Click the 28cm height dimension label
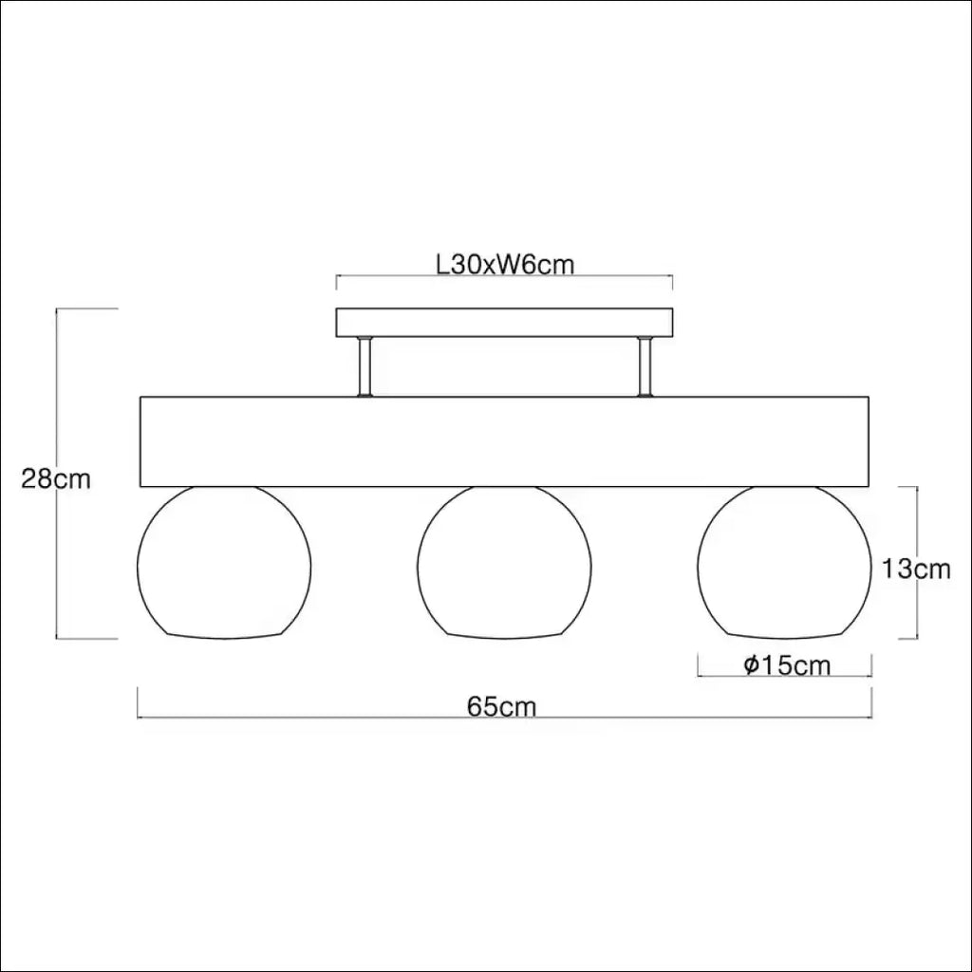pyautogui.click(x=56, y=479)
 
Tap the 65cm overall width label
pyautogui.click(x=501, y=706)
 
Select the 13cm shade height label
pyautogui.click(x=916, y=569)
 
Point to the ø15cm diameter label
pyautogui.click(x=787, y=665)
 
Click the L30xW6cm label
pyautogui.click(x=505, y=265)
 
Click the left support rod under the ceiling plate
pyautogui.click(x=365, y=366)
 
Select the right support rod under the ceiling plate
pyautogui.click(x=645, y=366)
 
